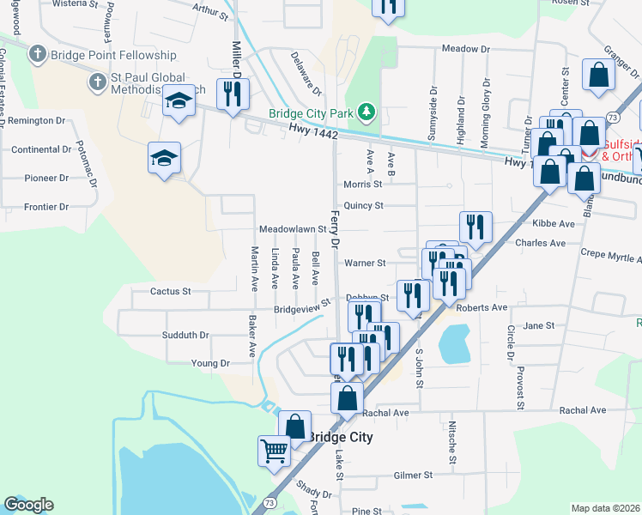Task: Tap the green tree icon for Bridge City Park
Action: point(367,112)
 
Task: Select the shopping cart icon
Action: point(274,449)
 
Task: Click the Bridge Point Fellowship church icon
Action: point(36,55)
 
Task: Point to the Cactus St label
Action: point(170,292)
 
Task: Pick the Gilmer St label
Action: point(413,475)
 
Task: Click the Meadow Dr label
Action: point(464,49)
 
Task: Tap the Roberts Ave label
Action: point(482,307)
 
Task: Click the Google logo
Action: point(28,505)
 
